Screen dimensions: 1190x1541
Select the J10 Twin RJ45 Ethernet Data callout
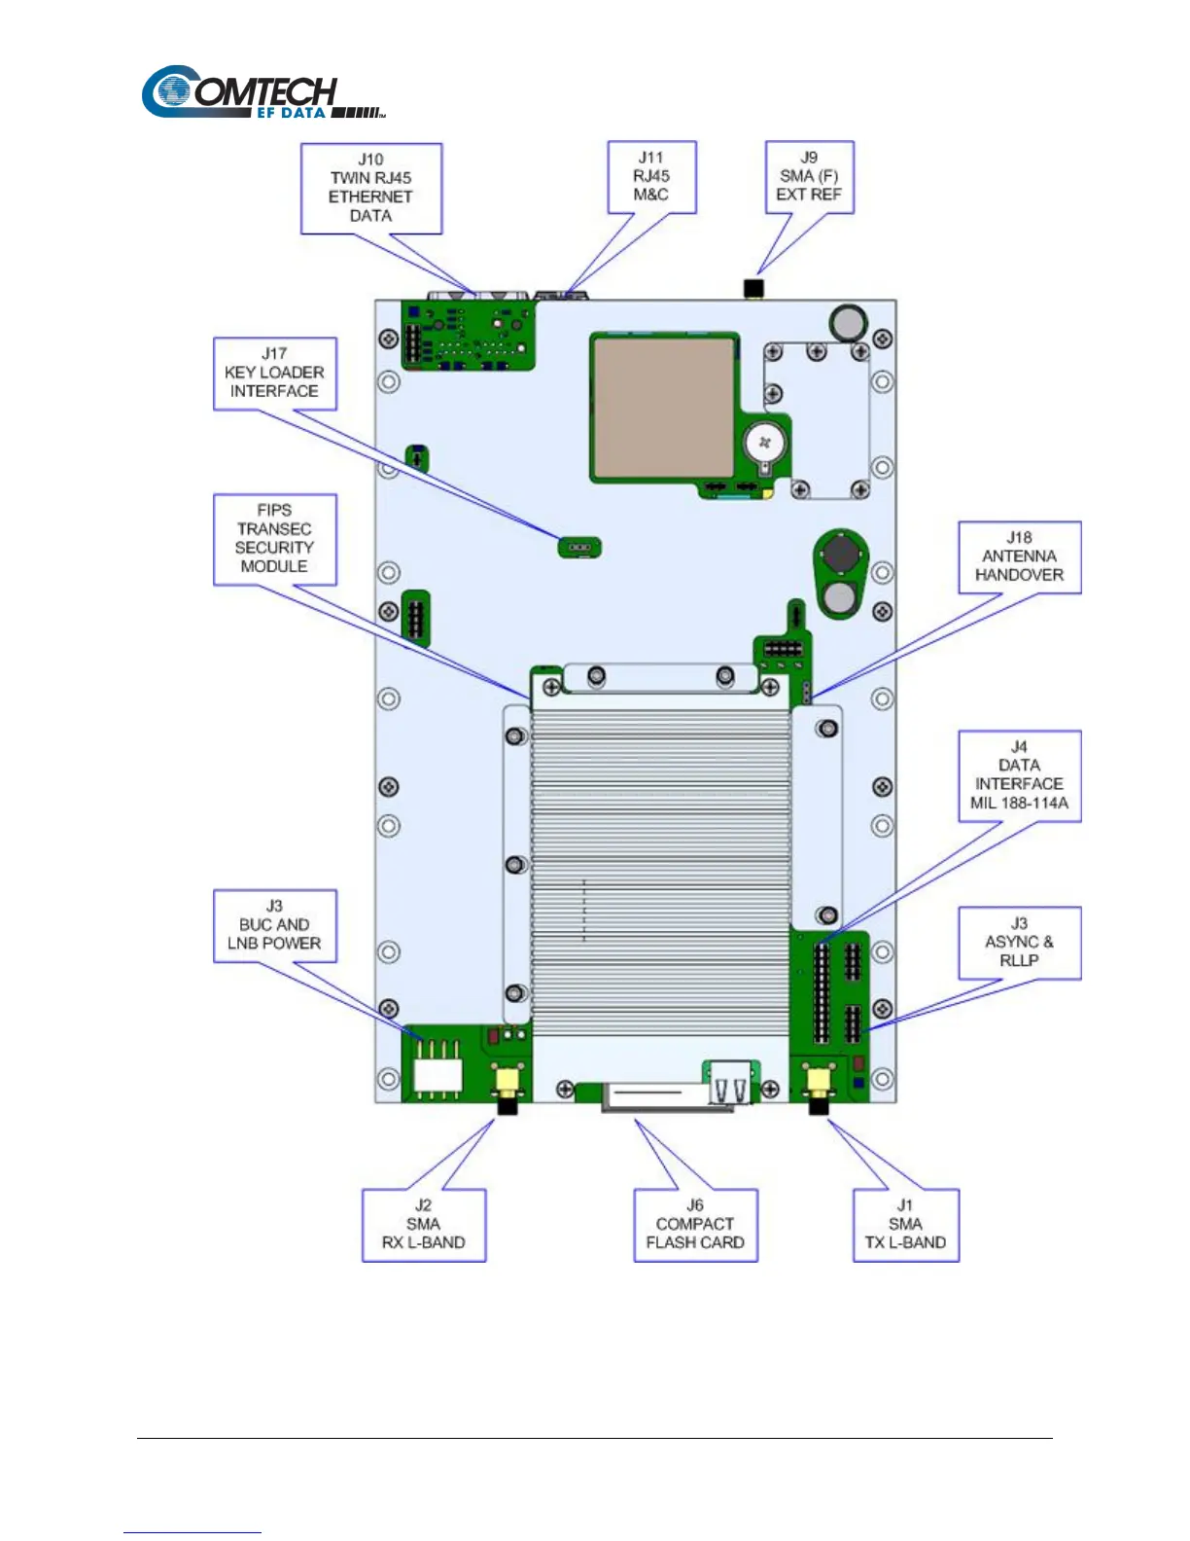point(370,188)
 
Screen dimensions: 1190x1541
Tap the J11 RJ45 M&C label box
point(651,176)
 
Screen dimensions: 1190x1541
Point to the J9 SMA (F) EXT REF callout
point(809,176)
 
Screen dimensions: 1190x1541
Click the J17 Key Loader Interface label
point(274,373)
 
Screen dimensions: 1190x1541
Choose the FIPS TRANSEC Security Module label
point(274,538)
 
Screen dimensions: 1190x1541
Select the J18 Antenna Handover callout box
point(1019,556)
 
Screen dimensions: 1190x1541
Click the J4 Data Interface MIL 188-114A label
point(1019,775)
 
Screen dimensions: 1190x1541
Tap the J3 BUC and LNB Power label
point(274,925)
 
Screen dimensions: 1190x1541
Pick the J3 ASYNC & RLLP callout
point(1019,942)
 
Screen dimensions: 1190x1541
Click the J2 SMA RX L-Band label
point(423,1224)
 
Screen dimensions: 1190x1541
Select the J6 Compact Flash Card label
point(695,1224)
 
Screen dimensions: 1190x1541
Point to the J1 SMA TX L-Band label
point(905,1224)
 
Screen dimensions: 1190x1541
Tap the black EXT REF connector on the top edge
point(752,289)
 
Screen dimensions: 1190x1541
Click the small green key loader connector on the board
point(579,548)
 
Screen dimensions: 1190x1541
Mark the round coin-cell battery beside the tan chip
point(765,445)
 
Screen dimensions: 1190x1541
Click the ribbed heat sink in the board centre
point(660,856)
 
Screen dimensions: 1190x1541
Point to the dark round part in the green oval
point(841,555)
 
